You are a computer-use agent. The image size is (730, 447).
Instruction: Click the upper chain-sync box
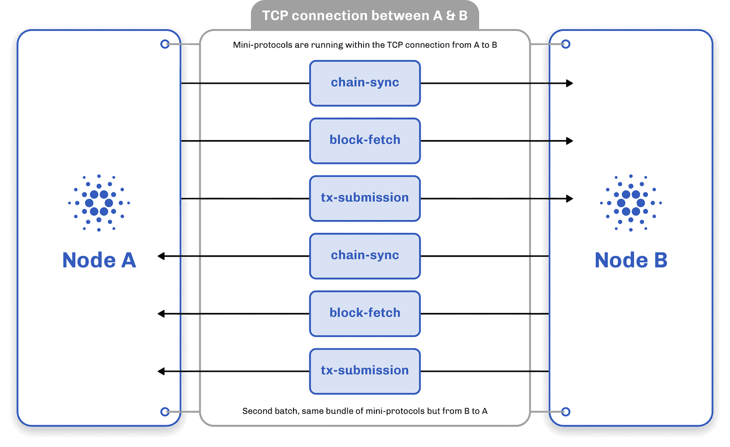(x=365, y=83)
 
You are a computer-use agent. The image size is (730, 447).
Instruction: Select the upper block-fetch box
(x=365, y=141)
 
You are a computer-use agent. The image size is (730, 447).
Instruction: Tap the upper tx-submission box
(x=365, y=198)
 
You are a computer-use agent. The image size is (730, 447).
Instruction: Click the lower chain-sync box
(x=365, y=256)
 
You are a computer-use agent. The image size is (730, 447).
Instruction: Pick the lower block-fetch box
(x=365, y=314)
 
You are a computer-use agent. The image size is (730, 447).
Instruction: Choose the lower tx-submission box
(x=365, y=371)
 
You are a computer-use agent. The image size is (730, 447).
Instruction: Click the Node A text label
(x=99, y=260)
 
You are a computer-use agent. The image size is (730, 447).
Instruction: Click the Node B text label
(x=631, y=260)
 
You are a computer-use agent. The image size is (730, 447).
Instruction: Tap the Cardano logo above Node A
(x=99, y=203)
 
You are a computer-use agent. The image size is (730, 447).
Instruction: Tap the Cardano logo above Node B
(x=631, y=203)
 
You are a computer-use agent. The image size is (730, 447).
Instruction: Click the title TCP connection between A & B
(x=365, y=16)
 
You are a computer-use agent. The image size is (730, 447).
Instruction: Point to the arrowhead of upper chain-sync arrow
(x=570, y=83)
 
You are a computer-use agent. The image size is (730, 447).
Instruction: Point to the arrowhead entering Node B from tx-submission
(x=570, y=198)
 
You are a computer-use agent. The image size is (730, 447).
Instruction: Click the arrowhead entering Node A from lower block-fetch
(x=161, y=314)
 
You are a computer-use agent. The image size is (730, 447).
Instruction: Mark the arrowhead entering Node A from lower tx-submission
(x=161, y=371)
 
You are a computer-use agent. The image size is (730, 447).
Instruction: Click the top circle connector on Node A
(x=165, y=44)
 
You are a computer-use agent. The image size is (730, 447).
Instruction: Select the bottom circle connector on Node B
(x=566, y=412)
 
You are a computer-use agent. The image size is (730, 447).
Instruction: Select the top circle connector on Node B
(x=566, y=44)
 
